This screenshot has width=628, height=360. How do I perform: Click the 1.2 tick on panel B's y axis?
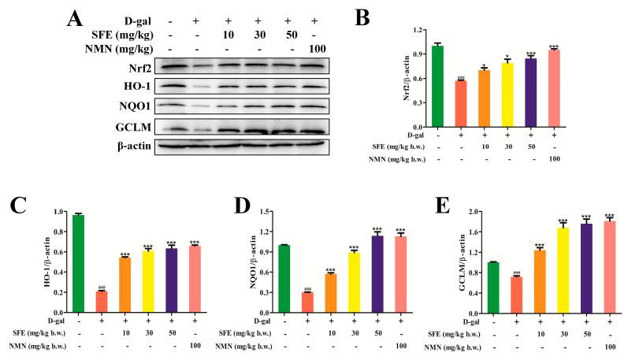click(414, 30)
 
